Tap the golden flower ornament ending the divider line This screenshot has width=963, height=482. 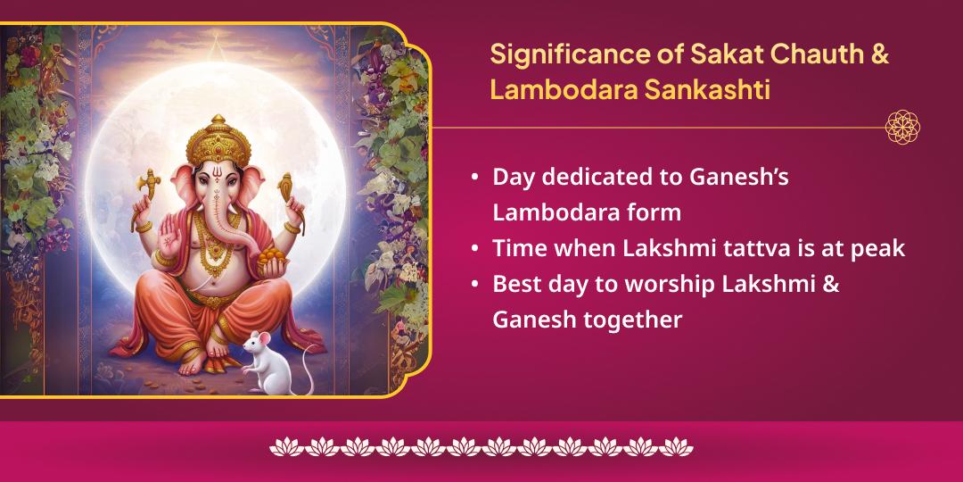pos(902,128)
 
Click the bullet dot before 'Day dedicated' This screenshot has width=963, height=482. pos(475,178)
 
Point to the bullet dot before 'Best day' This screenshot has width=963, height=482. pos(475,284)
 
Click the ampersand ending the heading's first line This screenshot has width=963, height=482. pos(877,54)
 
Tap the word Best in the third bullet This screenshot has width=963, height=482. pos(514,284)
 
